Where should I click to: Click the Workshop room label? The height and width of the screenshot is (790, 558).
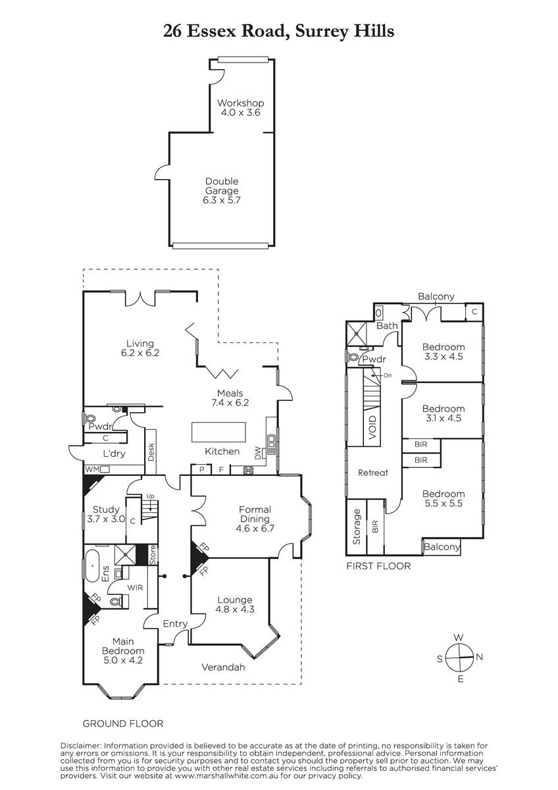[240, 103]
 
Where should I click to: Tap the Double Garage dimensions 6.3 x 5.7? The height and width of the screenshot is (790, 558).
[221, 200]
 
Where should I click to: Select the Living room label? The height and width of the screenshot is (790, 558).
[140, 343]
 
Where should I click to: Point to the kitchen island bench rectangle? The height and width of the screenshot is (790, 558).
[218, 432]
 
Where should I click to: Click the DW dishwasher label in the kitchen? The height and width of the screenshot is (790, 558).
[258, 453]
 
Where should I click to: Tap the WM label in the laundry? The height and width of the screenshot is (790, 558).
[93, 469]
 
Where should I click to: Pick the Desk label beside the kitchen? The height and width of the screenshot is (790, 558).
[151, 452]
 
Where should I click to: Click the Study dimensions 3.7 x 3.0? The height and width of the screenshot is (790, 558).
[106, 519]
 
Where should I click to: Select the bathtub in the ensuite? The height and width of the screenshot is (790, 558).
[92, 566]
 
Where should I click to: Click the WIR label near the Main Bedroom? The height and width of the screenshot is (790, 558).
[135, 587]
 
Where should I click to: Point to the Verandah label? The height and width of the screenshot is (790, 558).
[223, 667]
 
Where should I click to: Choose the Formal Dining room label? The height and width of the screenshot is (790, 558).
[255, 514]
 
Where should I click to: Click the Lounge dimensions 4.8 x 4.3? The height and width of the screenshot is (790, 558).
[235, 610]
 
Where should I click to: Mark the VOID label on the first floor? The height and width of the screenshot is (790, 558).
[372, 427]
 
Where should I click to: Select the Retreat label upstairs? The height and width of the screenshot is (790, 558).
[373, 473]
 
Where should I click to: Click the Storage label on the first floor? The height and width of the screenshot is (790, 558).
[357, 527]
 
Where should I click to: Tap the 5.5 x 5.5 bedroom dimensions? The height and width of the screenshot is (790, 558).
[444, 503]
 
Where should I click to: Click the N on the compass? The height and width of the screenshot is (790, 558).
[479, 657]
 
